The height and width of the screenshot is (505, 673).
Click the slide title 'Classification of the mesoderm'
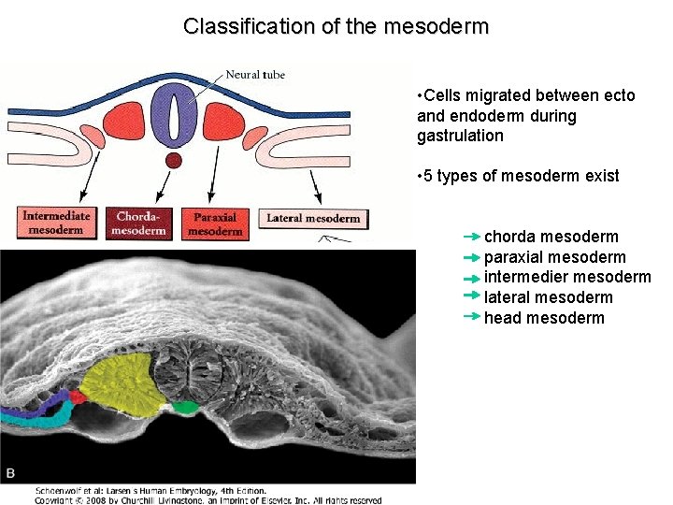(336, 26)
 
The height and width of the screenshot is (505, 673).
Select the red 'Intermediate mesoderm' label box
(56, 222)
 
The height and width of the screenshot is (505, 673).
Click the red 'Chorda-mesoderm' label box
(139, 223)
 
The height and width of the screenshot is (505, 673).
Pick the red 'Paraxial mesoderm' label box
(214, 223)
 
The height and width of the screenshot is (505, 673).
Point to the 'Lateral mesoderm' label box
(313, 218)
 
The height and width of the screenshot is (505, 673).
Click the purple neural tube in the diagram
(173, 116)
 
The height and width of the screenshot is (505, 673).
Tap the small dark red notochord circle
(173, 161)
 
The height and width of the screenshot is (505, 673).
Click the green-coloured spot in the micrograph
(185, 407)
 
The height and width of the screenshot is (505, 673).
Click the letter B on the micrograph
(11, 473)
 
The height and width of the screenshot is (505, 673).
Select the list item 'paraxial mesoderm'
(554, 257)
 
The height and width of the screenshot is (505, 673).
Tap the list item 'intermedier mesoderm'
(566, 277)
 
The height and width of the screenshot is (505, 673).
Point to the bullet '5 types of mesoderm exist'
(521, 176)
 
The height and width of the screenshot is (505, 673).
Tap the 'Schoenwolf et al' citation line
(150, 490)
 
